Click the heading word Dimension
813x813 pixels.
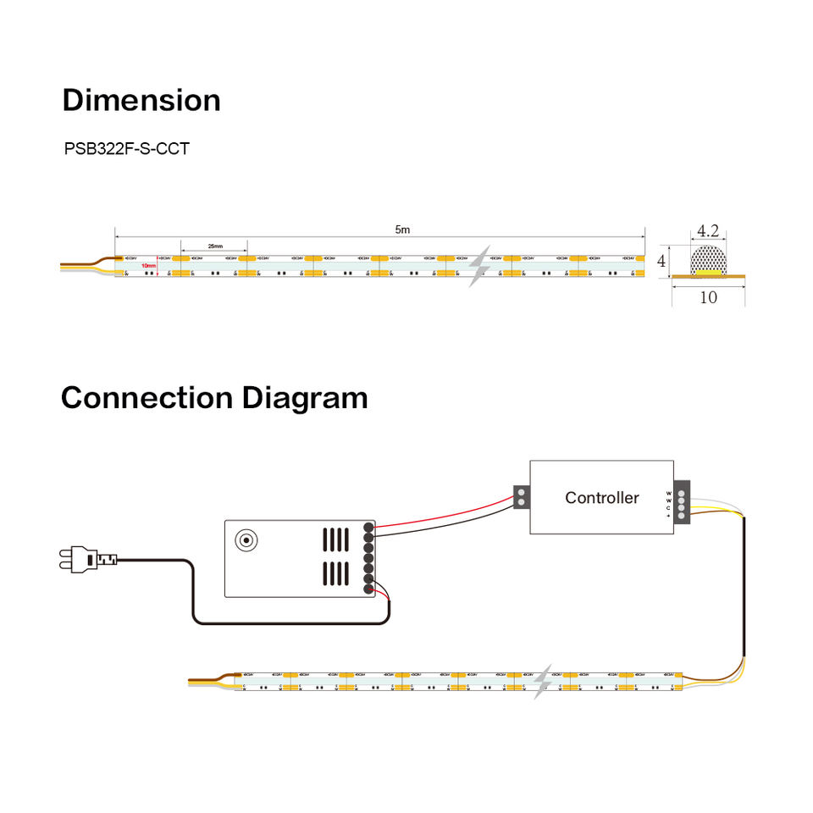[141, 100]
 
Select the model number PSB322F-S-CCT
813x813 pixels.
[127, 149]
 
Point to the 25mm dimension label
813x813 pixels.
[214, 246]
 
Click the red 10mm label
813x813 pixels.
[148, 265]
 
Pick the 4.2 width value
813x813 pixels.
[707, 230]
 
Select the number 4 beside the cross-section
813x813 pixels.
[662, 262]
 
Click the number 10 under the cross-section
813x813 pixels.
[708, 297]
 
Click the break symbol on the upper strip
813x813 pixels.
[480, 266]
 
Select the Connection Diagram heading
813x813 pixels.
[214, 397]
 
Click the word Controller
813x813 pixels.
[602, 498]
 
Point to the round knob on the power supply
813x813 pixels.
[247, 539]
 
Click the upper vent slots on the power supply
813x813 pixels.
[335, 539]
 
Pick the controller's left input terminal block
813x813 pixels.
[522, 497]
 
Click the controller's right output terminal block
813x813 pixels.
[681, 498]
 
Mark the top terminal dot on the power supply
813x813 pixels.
[368, 527]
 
